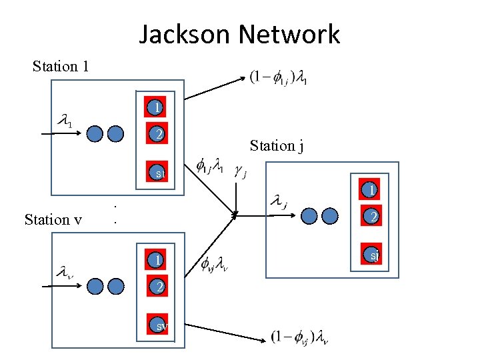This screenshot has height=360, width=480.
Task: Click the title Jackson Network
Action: pyautogui.click(x=239, y=33)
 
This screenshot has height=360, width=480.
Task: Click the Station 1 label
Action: pyautogui.click(x=61, y=66)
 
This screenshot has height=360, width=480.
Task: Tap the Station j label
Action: pyautogui.click(x=277, y=145)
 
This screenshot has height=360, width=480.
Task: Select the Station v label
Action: pyautogui.click(x=53, y=219)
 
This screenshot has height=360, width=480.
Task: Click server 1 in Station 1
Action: pyautogui.click(x=156, y=107)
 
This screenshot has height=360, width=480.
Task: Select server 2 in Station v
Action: pyautogui.click(x=157, y=287)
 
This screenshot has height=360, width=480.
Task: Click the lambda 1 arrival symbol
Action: pyautogui.click(x=65, y=121)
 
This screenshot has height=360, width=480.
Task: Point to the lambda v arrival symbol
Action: pyautogui.click(x=65, y=273)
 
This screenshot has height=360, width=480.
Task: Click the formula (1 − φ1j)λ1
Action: pyautogui.click(x=279, y=79)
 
